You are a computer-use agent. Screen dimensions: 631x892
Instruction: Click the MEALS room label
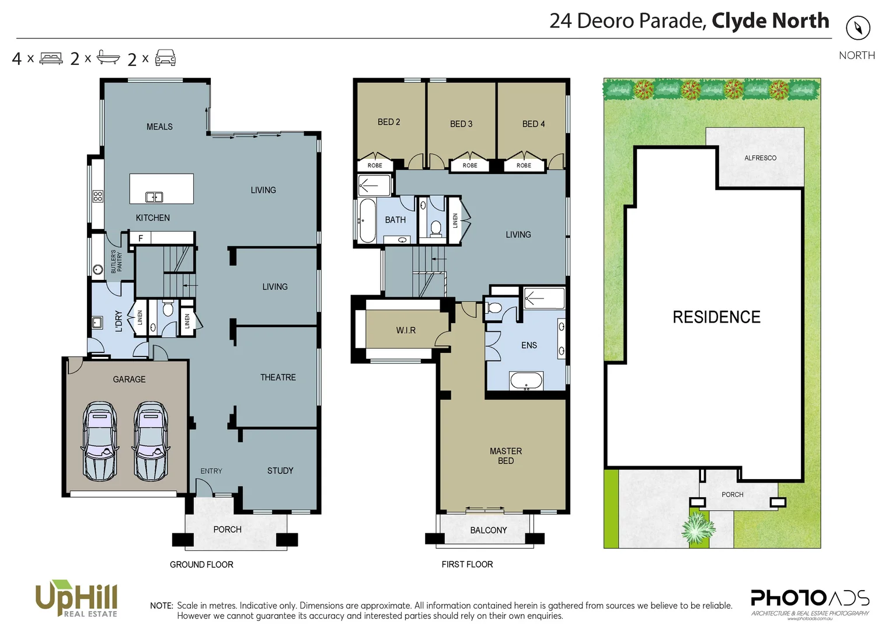tap(159, 127)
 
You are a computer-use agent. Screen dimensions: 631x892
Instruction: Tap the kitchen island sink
tap(154, 197)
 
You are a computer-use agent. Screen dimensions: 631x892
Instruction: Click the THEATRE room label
tap(278, 377)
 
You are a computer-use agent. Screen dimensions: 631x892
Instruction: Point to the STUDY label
tap(280, 471)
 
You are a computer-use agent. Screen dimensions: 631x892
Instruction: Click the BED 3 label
tap(461, 124)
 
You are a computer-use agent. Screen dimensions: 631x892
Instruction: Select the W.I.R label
tap(406, 331)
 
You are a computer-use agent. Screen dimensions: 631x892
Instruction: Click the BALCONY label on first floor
tap(489, 531)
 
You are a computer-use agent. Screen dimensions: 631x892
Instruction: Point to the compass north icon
tap(858, 27)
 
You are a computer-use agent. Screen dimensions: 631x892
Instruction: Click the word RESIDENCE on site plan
tap(716, 317)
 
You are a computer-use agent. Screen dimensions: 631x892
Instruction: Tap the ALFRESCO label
tap(760, 158)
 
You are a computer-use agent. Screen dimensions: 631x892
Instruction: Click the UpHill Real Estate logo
tap(76, 598)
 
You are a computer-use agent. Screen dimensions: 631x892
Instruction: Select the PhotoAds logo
tap(810, 602)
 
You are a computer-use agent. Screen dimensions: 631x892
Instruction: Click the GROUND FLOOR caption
tap(201, 565)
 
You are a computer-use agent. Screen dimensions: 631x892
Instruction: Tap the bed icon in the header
tap(51, 58)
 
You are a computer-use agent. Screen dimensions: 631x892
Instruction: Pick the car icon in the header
tap(165, 58)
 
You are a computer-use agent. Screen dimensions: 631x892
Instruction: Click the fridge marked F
tap(140, 238)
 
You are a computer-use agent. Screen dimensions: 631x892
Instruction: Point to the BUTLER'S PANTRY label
tap(117, 262)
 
